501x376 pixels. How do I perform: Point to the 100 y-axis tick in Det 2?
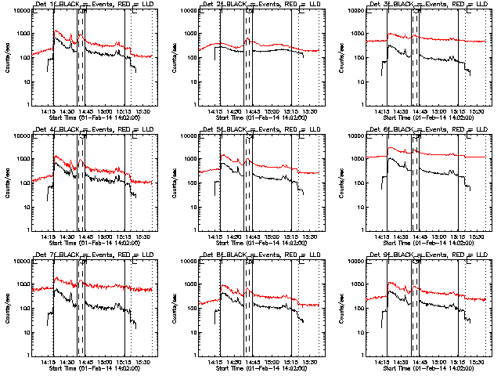tap(199, 58)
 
